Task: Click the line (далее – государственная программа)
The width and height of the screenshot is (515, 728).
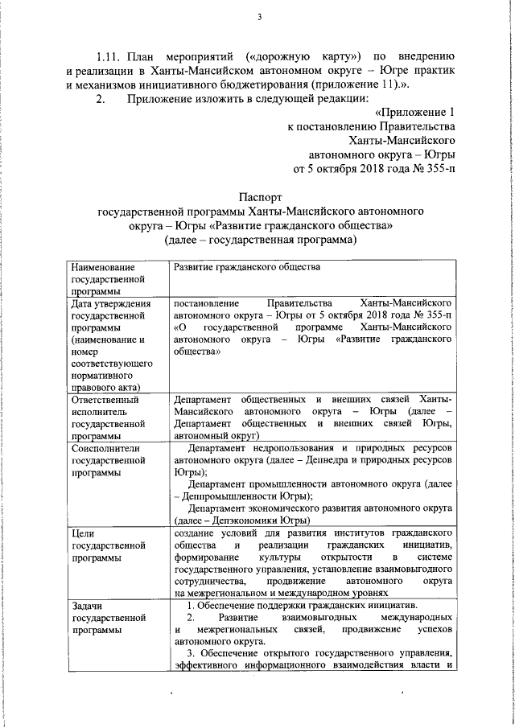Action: click(259, 240)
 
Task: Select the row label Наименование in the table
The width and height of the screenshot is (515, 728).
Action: click(103, 266)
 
